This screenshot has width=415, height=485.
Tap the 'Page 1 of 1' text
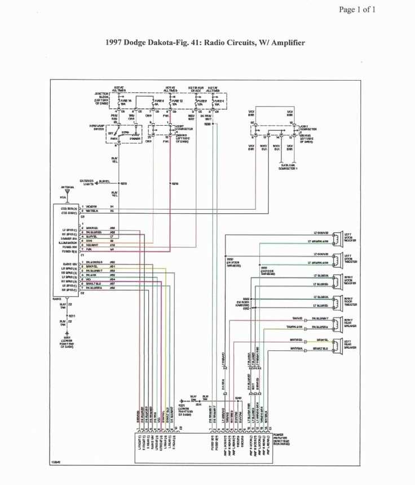click(357, 9)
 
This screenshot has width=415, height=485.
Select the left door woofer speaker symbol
click(337, 237)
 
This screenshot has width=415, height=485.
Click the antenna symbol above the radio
click(67, 193)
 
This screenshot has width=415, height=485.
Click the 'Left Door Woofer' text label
click(350, 237)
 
